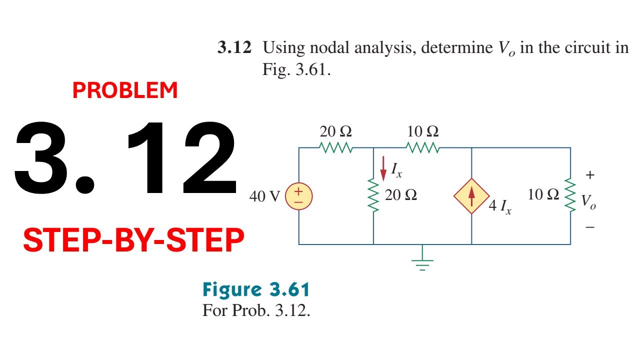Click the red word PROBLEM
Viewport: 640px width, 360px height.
click(125, 90)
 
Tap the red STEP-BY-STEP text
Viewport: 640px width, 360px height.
click(133, 240)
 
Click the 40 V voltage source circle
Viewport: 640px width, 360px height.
click(299, 196)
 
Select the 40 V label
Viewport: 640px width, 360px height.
click(264, 196)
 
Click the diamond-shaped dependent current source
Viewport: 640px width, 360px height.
click(471, 196)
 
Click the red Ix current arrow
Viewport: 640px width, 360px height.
click(383, 168)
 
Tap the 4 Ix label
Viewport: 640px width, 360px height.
click(500, 206)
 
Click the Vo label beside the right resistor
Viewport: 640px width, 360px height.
click(588, 201)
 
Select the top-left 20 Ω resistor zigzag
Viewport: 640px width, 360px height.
click(336, 147)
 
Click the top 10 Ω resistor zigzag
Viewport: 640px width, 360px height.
click(423, 147)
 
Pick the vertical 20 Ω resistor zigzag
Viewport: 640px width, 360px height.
click(373, 195)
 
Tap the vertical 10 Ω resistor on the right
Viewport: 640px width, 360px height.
click(570, 195)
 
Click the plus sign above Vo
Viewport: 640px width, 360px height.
click(590, 174)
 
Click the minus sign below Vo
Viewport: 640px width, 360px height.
click(590, 227)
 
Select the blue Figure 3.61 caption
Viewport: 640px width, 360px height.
click(256, 289)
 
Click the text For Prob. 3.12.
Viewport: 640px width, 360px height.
click(256, 310)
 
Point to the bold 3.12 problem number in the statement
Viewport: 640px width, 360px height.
click(234, 47)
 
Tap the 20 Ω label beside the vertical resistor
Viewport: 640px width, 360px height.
click(400, 195)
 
